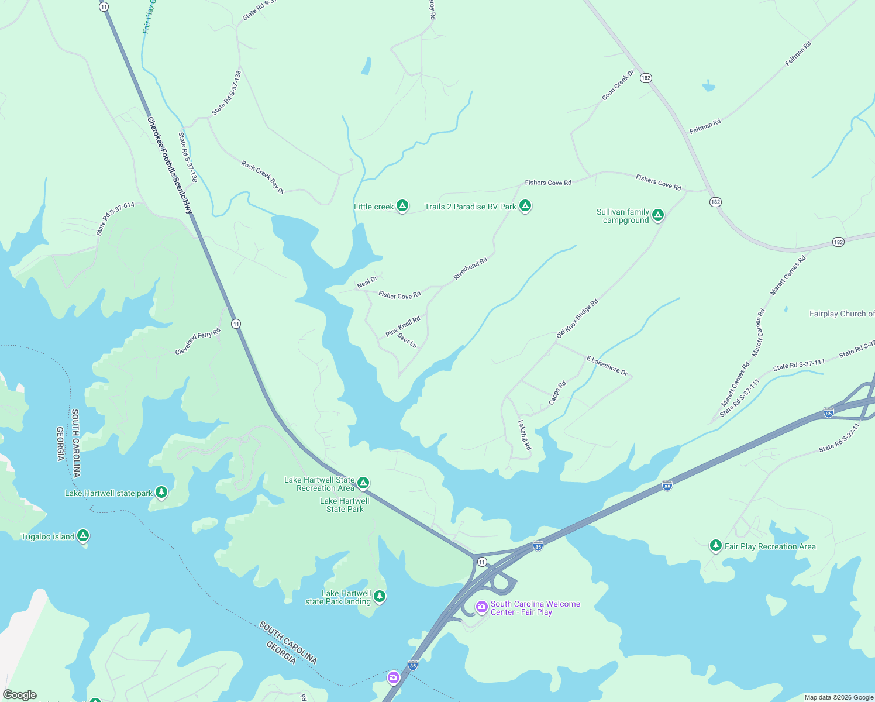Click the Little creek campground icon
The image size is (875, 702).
402,205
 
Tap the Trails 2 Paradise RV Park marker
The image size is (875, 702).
525,205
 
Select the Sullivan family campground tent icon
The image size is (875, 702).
658,215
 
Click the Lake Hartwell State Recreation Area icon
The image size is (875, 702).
363,483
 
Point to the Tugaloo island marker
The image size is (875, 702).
83,535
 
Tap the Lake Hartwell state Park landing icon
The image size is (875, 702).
380,596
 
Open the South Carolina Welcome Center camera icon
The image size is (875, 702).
482,607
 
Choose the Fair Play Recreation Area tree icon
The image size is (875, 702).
715,545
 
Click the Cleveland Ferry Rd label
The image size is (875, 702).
198,341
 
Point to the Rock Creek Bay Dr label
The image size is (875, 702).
263,177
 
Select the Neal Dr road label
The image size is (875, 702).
367,283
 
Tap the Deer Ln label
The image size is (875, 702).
407,340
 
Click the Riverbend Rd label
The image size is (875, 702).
470,269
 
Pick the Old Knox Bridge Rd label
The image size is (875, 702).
577,318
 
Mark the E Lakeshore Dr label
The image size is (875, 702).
607,365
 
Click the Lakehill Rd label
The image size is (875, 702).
525,435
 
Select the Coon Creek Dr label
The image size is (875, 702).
618,85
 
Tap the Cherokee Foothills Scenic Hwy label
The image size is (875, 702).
170,165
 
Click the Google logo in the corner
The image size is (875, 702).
20,694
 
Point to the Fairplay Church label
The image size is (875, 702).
841,314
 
